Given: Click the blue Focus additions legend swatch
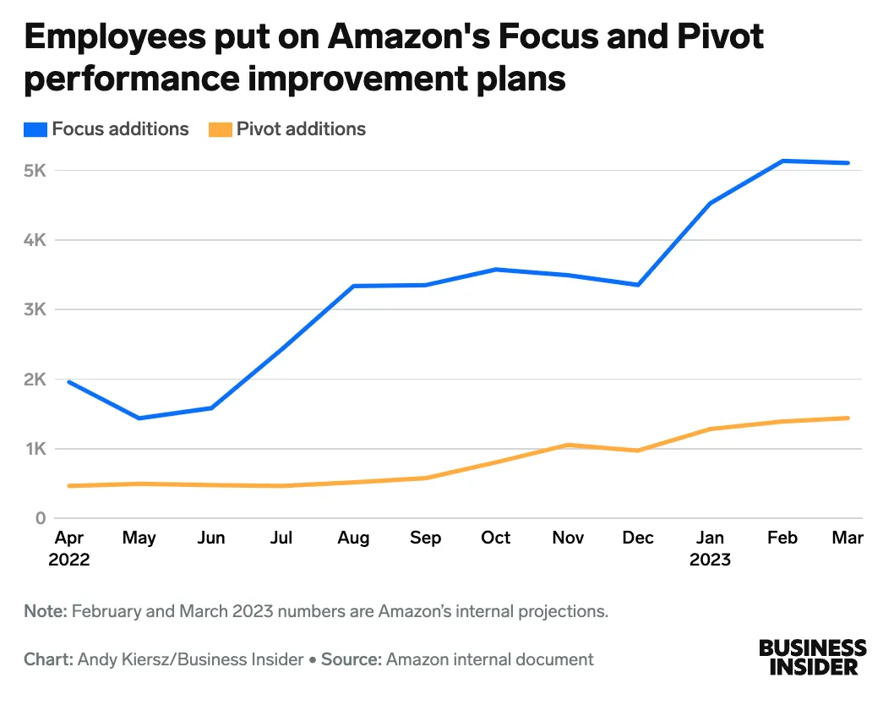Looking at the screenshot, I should pos(36,129).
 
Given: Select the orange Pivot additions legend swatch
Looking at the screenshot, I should pos(221,129).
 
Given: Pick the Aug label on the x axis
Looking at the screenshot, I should pos(353,538).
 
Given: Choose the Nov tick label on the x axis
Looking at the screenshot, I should pos(568,538).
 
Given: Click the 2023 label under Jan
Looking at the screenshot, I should pos(711,560).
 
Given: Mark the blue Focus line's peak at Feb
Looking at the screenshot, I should pos(783,161).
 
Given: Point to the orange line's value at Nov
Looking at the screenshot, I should pos(568,445).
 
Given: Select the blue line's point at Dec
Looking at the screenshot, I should pos(639,285).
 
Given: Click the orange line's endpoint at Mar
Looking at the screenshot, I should pos(848,418).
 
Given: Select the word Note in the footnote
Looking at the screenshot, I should pos(44,611).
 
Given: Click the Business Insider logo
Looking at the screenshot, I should pos(812,657).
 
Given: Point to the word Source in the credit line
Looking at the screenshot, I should pos(348,659).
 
